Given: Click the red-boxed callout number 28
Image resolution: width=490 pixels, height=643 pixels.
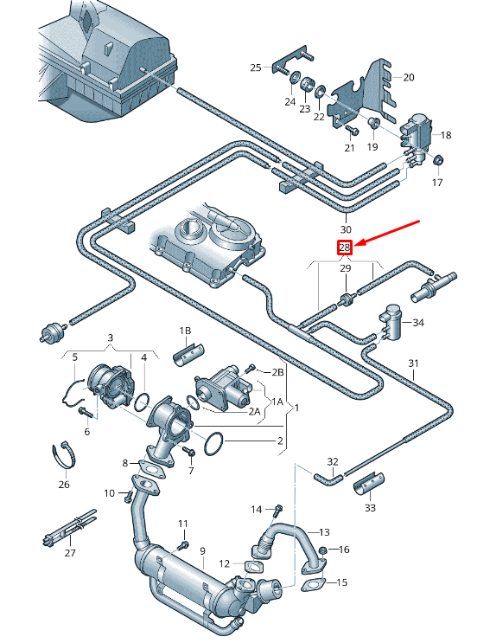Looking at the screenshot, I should pyautogui.click(x=344, y=248).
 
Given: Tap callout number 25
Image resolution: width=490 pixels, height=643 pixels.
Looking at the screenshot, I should pyautogui.click(x=256, y=68).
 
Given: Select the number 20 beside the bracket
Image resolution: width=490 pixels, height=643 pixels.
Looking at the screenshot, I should pyautogui.click(x=408, y=77).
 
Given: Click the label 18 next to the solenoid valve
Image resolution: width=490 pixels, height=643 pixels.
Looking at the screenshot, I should pyautogui.click(x=446, y=135).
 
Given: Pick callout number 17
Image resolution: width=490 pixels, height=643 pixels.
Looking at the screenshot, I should pyautogui.click(x=437, y=183).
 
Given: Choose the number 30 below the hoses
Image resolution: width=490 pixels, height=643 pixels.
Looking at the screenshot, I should pyautogui.click(x=346, y=229).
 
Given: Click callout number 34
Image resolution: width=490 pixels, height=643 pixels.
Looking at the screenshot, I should pyautogui.click(x=419, y=323).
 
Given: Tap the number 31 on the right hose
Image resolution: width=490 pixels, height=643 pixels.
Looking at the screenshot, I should pyautogui.click(x=413, y=363).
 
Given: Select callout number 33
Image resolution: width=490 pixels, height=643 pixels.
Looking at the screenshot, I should pyautogui.click(x=370, y=508).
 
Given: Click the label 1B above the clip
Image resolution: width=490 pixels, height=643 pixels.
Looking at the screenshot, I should pyautogui.click(x=185, y=331).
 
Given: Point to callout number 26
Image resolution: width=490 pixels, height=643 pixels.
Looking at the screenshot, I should pyautogui.click(x=64, y=485).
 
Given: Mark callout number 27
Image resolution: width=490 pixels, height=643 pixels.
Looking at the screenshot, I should pyautogui.click(x=70, y=553).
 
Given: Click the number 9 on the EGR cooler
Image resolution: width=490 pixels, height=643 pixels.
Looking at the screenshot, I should pyautogui.click(x=202, y=551).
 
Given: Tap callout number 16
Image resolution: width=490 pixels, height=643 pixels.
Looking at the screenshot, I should pyautogui.click(x=343, y=550).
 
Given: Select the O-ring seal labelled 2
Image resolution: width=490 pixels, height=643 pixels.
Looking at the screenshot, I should pyautogui.click(x=213, y=444).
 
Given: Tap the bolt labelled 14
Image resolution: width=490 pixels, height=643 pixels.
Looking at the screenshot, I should pyautogui.click(x=278, y=511).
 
